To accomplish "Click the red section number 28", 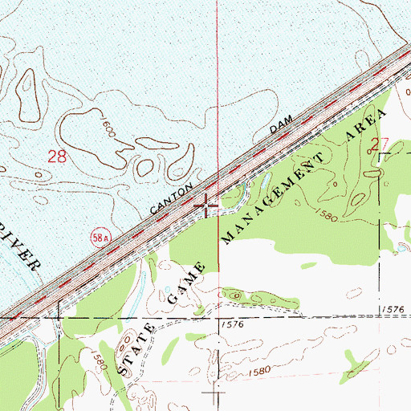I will click(x=57, y=157).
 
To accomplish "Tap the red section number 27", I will click(x=380, y=145).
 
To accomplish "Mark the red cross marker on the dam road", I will click(x=208, y=205).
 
